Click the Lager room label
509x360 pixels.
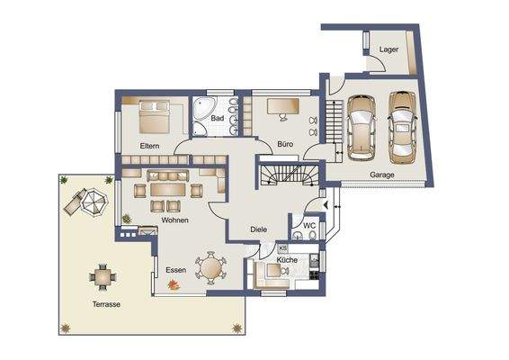click(x=389, y=49)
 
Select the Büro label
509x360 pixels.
click(x=285, y=144)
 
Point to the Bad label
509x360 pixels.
click(x=217, y=118)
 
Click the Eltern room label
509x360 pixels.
click(x=149, y=145)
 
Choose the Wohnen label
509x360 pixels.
click(x=174, y=220)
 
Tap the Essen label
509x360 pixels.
click(x=174, y=268)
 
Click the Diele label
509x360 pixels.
click(x=259, y=229)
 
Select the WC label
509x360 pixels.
click(x=308, y=226)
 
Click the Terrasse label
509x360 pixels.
click(x=106, y=304)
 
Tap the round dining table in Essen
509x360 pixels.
click(x=213, y=267)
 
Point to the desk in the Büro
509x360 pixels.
click(x=283, y=108)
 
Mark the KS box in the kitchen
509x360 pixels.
click(x=282, y=247)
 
